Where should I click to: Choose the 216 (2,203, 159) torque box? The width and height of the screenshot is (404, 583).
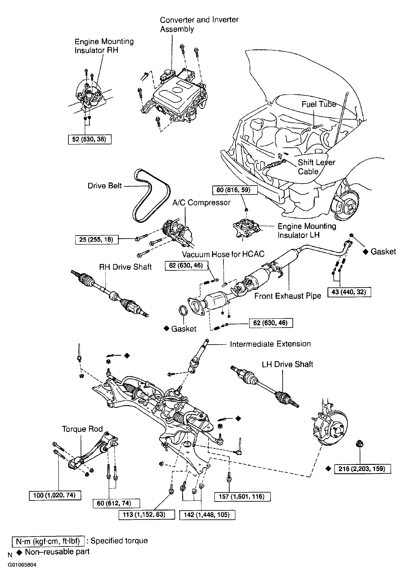tap(362, 469)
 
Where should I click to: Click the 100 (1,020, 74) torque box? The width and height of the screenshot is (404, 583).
tap(55, 495)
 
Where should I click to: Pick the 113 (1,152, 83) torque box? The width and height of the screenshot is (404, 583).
tap(147, 515)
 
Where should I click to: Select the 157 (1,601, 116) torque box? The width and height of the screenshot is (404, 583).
tap(242, 497)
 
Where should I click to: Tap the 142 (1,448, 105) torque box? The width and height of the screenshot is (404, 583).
tap(207, 515)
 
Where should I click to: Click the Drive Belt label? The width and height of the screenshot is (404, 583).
tap(105, 186)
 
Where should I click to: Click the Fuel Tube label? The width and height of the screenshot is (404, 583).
tap(318, 104)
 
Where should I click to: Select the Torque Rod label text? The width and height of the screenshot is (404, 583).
tap(82, 429)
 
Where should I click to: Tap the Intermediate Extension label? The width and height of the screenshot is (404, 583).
tap(270, 344)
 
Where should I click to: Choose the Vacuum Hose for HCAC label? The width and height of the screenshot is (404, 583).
tap(223, 254)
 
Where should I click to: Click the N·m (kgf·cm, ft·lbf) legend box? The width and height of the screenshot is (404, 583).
tap(48, 541)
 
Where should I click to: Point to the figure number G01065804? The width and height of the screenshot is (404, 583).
tap(22, 565)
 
